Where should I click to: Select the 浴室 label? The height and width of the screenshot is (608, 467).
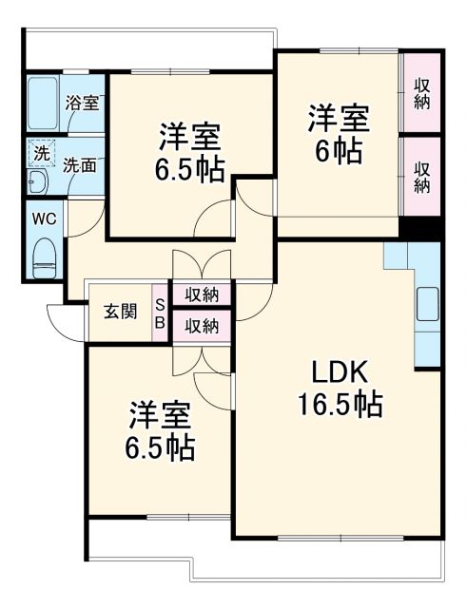point(82,103)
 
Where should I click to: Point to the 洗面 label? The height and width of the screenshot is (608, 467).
point(80,163)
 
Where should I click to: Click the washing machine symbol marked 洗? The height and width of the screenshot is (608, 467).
point(42,152)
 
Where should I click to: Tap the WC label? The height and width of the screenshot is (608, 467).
point(44,218)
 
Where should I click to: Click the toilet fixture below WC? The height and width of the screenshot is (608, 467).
point(44,255)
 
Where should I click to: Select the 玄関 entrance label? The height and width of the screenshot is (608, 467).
point(121,311)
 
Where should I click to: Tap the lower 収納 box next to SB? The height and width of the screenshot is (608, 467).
point(201,326)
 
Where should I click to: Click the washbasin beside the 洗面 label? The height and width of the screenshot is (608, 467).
point(41,182)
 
